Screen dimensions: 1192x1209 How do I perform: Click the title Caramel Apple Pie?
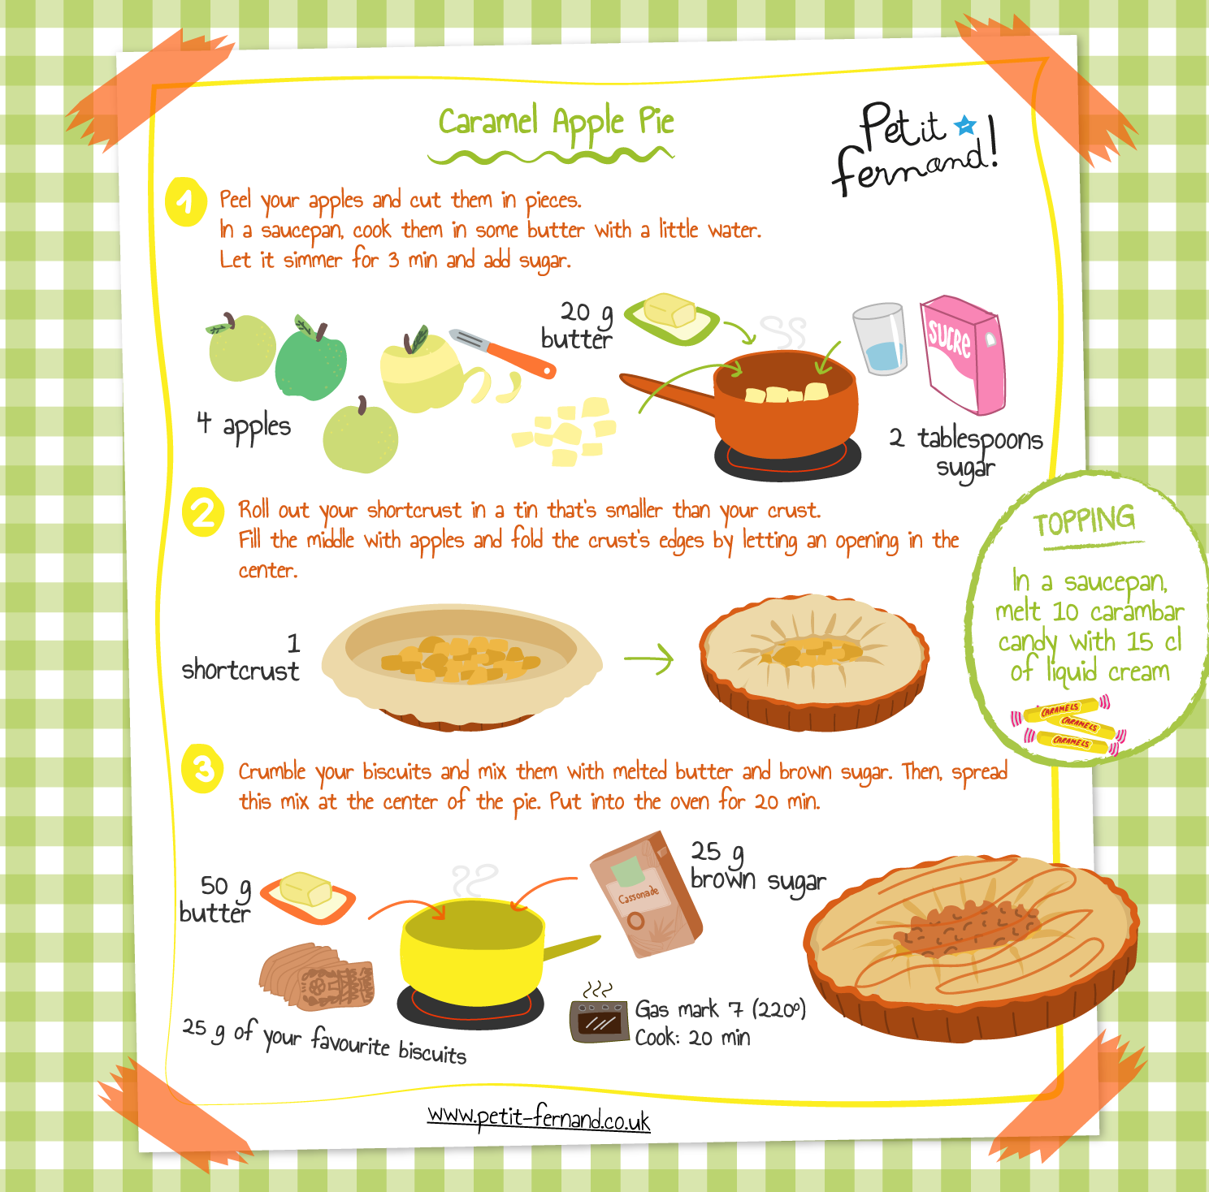(x=556, y=122)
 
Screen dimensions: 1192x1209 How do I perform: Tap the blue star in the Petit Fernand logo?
(x=964, y=125)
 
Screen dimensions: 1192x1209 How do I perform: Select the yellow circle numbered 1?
(x=186, y=201)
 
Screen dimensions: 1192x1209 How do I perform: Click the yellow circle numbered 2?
(x=203, y=512)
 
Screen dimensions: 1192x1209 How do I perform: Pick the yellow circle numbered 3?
(x=202, y=768)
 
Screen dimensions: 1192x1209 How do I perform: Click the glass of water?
(x=881, y=339)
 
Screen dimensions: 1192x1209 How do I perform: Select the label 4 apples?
(x=244, y=425)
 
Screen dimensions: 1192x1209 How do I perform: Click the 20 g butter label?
(x=578, y=325)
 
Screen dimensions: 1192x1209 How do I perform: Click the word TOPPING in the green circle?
(x=1084, y=520)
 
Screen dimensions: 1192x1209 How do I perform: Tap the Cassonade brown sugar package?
(x=647, y=893)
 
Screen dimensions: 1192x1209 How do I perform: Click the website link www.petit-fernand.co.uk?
(x=539, y=1118)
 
